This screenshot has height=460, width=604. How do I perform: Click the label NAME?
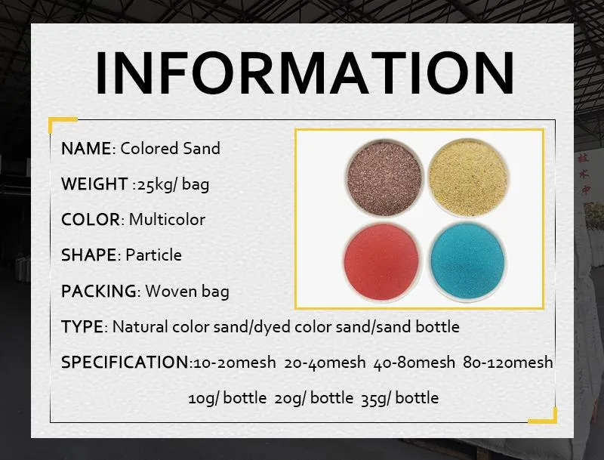pyautogui.click(x=86, y=148)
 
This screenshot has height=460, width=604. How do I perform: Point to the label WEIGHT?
pyautogui.click(x=94, y=184)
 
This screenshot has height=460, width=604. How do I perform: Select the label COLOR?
pyautogui.click(x=90, y=220)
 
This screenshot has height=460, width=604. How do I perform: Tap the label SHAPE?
pyautogui.click(x=88, y=255)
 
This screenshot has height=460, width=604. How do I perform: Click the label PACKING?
pyautogui.click(x=99, y=291)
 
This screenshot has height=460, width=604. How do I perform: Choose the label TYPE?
pyautogui.click(x=82, y=327)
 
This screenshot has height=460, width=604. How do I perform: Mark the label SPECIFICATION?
pyautogui.click(x=125, y=363)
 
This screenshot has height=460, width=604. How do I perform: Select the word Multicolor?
pyautogui.click(x=167, y=220)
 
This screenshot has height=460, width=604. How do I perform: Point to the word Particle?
pyautogui.click(x=153, y=255)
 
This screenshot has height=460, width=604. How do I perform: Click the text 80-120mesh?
pyautogui.click(x=510, y=363)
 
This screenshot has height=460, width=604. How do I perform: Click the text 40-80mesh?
pyautogui.click(x=415, y=363)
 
